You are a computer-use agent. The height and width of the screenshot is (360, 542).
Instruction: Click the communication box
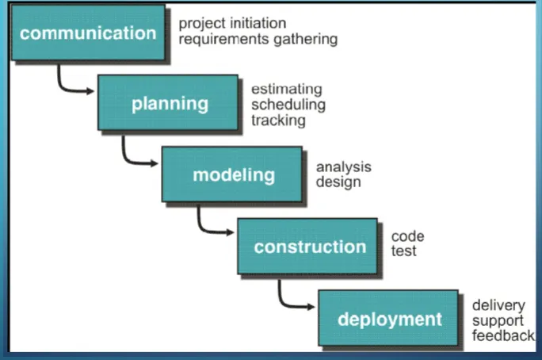89,34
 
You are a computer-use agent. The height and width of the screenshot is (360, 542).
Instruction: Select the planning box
168,103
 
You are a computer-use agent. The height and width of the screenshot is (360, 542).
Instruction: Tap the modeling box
232,174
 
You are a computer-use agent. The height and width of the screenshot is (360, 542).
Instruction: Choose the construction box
309,246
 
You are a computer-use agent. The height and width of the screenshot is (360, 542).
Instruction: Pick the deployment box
388,319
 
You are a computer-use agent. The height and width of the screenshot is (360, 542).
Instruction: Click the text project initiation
232,24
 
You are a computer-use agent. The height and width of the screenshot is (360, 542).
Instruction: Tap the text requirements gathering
258,39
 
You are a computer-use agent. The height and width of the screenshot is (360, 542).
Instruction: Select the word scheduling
288,105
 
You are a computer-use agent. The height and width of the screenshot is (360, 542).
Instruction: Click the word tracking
278,120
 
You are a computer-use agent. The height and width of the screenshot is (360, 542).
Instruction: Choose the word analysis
343,167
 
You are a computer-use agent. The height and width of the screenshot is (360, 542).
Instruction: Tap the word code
407,236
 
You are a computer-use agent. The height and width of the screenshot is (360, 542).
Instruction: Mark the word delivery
497,305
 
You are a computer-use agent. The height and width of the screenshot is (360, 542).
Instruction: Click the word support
498,320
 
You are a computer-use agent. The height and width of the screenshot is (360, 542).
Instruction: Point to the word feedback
502,335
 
